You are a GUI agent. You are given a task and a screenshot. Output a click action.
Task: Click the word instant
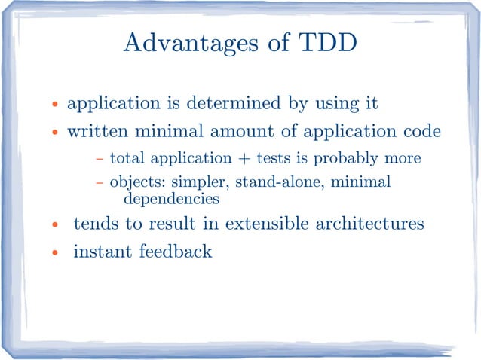[102, 251]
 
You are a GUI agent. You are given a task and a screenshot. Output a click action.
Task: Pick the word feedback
[175, 251]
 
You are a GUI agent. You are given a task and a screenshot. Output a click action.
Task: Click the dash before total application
[100, 160]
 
